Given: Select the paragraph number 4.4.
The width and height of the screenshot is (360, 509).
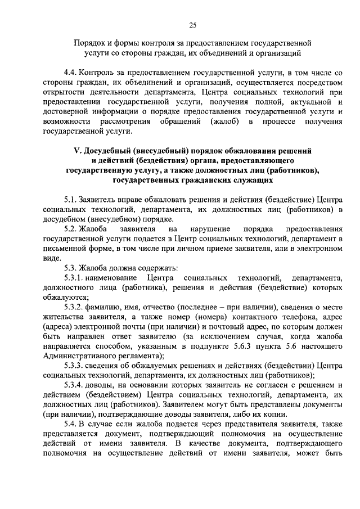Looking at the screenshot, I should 70,74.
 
